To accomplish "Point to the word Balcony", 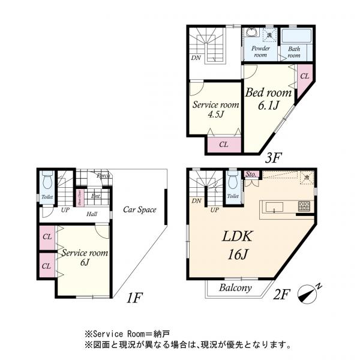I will (235, 288).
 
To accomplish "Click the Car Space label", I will (140, 210).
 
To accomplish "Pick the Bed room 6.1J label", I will (268, 100).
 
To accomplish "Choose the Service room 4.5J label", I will (215, 109).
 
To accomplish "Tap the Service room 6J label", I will (84, 258).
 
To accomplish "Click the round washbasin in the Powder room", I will (251, 33).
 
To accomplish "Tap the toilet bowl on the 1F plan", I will (48, 179).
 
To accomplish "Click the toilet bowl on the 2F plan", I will (232, 179).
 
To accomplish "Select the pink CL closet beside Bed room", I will (304, 76).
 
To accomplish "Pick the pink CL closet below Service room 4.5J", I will (223, 144).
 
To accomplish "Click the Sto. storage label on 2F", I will (251, 175).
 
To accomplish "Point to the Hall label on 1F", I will (92, 214).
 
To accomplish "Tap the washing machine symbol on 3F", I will (270, 34).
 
